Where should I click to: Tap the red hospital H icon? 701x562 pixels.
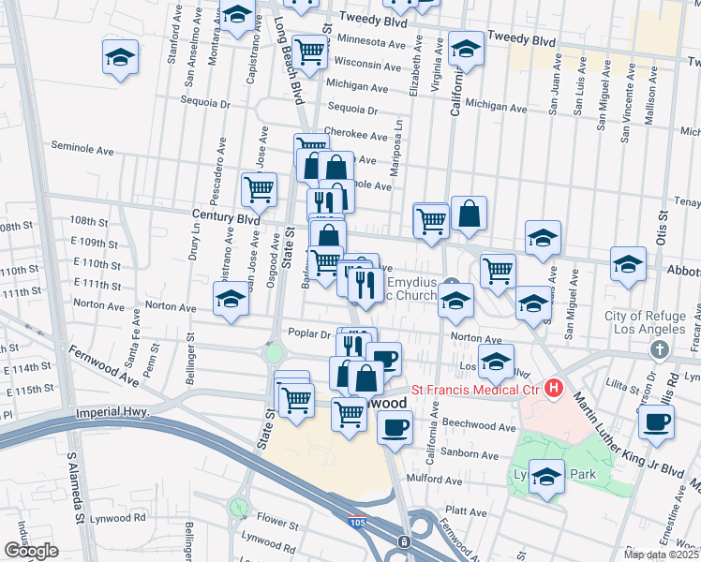pos(554,387)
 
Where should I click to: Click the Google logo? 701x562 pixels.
pos(30,551)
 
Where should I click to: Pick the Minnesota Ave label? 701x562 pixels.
pos(371,41)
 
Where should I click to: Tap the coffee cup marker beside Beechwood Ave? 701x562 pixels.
pos(394,429)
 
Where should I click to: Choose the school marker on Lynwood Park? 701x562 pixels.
pos(546,478)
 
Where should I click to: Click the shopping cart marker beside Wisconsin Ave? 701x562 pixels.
pos(308,51)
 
